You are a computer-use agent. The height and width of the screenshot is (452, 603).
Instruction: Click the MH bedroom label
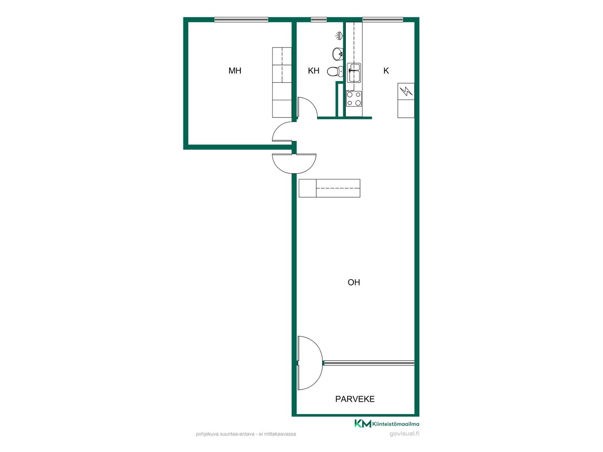(235, 71)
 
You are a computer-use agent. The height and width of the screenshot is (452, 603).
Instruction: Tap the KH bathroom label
(313, 71)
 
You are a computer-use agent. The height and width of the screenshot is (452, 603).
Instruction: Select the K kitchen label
(386, 71)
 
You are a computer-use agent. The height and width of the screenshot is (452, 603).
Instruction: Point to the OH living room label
(354, 282)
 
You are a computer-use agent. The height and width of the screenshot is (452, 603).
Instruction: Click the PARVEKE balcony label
(355, 399)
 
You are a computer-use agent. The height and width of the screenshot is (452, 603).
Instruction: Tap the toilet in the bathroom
(335, 71)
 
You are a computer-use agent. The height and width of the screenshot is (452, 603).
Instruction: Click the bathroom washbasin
(338, 54)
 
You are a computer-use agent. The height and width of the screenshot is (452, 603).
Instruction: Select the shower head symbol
(339, 36)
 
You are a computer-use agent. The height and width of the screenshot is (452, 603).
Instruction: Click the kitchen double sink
(354, 73)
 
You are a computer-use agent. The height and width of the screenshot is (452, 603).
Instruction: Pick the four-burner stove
(354, 99)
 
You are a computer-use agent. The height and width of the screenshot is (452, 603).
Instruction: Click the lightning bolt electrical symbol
(406, 91)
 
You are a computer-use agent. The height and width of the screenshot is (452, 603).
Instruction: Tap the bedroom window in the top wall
(241, 19)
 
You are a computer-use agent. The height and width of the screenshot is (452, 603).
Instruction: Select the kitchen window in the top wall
(383, 19)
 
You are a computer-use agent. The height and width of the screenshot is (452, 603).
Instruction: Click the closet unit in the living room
(329, 188)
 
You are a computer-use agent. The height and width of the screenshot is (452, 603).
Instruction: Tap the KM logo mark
(363, 423)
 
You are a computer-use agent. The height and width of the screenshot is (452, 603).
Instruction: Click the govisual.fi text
(404, 434)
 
